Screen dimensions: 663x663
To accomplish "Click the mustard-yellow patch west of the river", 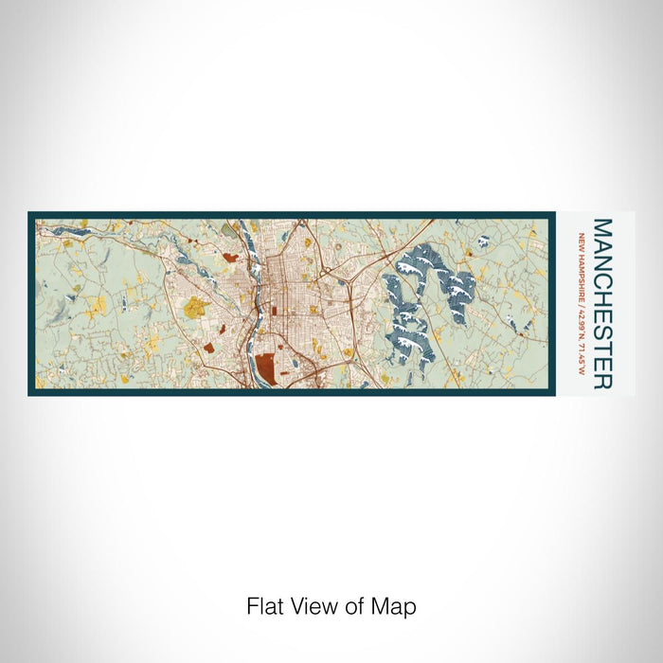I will click(196, 307).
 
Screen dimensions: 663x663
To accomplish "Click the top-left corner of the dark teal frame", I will click(30, 214).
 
